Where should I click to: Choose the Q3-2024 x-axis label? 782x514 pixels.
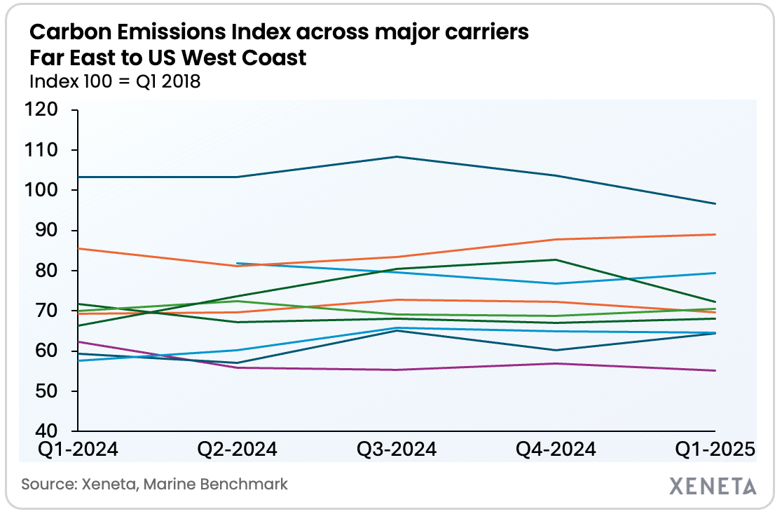(x=397, y=449)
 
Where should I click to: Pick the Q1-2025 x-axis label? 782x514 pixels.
(x=715, y=449)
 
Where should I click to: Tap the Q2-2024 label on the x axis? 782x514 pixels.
(x=237, y=449)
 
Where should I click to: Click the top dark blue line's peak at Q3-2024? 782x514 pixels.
(x=397, y=156)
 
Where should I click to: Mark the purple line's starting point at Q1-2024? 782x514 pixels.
(x=78, y=341)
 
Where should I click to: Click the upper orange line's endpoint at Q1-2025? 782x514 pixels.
(x=715, y=234)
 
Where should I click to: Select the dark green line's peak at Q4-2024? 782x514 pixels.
(x=556, y=259)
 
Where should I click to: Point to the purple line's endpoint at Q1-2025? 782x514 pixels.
(x=715, y=370)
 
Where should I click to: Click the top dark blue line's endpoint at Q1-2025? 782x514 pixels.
(x=715, y=203)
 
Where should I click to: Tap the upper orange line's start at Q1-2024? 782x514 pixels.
(x=78, y=248)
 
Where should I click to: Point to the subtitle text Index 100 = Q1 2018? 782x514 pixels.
(x=115, y=81)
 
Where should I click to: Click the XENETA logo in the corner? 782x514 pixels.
(x=713, y=485)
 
